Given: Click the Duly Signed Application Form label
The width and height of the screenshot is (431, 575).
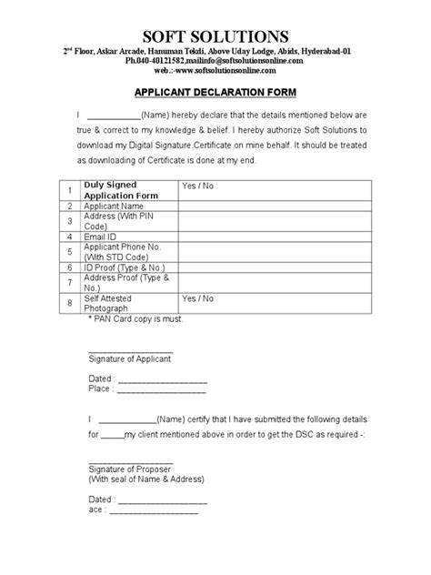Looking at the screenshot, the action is [x=122, y=190].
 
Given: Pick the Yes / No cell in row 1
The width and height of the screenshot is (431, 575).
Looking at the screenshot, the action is [x=197, y=186].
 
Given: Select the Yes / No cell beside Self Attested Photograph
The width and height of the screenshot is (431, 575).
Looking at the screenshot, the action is [x=197, y=298].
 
